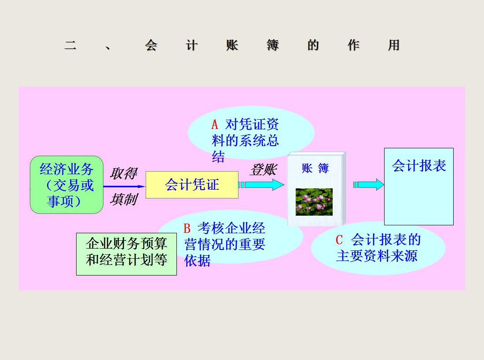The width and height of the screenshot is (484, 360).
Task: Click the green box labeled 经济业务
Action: (x=66, y=184)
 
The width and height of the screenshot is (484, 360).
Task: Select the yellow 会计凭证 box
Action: (x=192, y=185)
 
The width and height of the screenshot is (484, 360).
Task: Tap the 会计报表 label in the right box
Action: (x=419, y=165)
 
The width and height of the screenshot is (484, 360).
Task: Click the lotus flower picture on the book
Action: (x=314, y=202)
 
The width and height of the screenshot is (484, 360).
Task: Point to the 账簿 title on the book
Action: (x=315, y=168)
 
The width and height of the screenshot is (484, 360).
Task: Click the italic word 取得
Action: (x=123, y=173)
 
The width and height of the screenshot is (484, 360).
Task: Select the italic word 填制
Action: (x=123, y=199)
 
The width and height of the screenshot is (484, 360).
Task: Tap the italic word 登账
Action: (x=263, y=170)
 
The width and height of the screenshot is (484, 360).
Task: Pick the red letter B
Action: (x=187, y=228)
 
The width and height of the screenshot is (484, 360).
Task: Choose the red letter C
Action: (x=339, y=240)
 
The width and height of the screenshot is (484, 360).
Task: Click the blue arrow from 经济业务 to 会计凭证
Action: (x=124, y=186)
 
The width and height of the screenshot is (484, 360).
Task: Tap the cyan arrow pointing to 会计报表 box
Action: (x=369, y=185)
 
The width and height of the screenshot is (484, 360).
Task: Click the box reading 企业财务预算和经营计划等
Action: (x=126, y=254)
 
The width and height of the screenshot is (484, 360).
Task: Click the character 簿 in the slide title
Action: (x=272, y=45)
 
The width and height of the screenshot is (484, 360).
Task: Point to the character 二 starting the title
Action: (x=70, y=45)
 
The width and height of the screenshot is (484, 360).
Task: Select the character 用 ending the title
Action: (x=393, y=45)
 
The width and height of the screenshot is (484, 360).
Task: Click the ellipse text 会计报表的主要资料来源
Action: (x=378, y=248)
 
